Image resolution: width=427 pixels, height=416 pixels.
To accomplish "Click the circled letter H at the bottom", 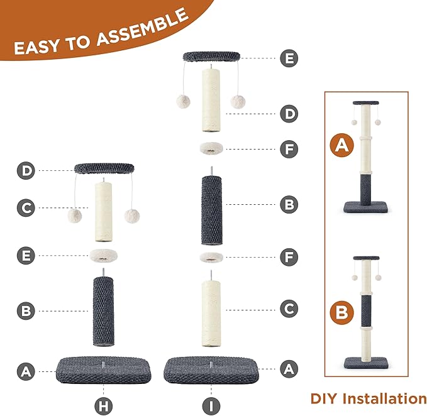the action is [104, 406].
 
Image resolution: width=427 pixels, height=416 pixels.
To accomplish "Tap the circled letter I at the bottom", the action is [211, 406].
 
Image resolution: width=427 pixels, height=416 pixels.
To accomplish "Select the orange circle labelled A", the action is [341, 145].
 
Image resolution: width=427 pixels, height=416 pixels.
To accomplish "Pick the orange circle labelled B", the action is [341, 312].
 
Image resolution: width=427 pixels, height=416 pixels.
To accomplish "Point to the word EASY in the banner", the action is [36, 47].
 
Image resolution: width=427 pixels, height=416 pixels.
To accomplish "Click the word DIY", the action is [324, 398].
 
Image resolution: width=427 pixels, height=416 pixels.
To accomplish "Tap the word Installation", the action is [384, 398].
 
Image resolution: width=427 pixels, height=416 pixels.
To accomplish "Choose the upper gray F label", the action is [289, 149].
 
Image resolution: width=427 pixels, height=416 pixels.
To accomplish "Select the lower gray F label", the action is [289, 257].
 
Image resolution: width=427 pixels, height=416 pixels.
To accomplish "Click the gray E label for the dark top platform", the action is [289, 58].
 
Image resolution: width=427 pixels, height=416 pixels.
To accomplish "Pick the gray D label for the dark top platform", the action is [26, 170].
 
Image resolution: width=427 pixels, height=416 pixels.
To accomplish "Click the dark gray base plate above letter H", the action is [104, 370].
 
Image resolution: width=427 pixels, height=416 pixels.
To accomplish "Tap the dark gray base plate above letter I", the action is [211, 370].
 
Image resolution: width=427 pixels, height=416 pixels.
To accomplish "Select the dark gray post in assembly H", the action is [104, 311].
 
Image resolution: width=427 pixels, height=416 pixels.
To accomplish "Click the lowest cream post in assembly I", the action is [211, 314].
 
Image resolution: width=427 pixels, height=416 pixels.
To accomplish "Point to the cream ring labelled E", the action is [104, 256].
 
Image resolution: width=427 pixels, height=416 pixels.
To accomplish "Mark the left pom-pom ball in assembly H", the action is [75, 216].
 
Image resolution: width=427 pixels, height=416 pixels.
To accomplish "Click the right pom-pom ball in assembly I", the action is [238, 102].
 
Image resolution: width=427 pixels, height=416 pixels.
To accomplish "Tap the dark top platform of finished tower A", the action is [366, 103].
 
